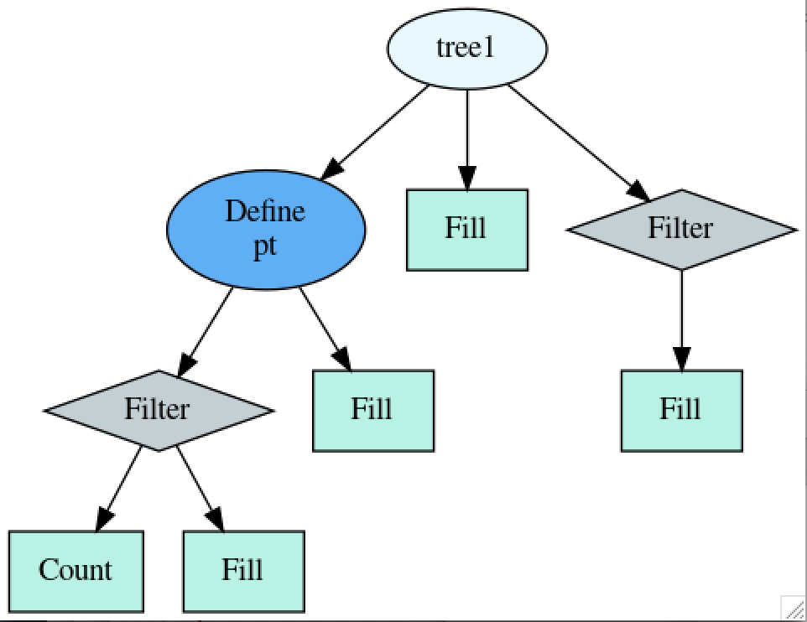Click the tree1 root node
coord(466,48)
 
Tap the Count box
coord(75,571)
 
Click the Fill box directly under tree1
coord(466,229)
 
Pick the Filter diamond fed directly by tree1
coord(681,229)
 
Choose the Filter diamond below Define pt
coord(159,410)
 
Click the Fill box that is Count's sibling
coord(243,571)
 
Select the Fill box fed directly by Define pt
coord(372,410)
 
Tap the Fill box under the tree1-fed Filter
coord(681,410)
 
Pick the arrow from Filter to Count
coord(119,490)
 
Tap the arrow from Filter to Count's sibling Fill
coord(200,490)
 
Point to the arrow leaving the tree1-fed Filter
coord(681,319)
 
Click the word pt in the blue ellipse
coord(265,249)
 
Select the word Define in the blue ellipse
coord(265,211)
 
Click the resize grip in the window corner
coord(793,608)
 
